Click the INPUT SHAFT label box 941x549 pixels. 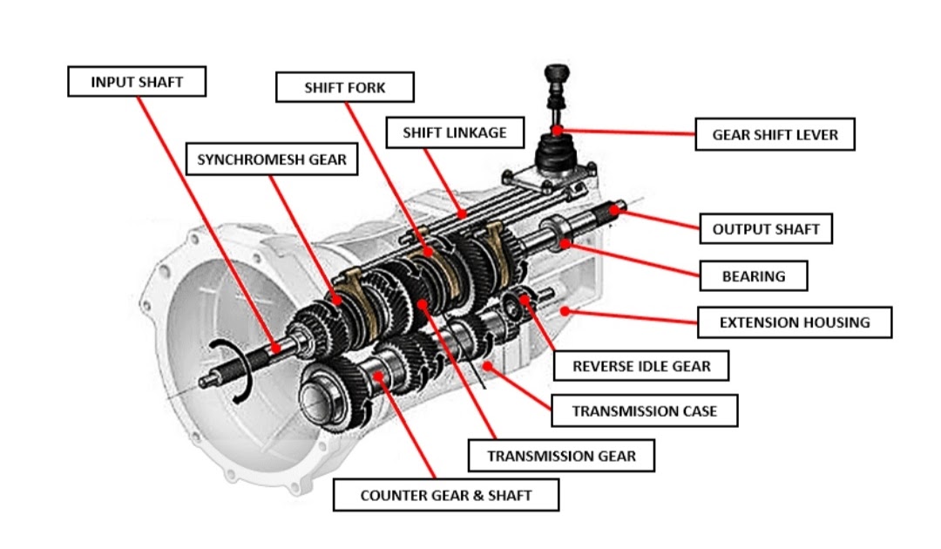click(x=137, y=83)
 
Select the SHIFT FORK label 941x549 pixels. click(x=344, y=88)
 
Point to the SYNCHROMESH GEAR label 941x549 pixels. click(x=272, y=159)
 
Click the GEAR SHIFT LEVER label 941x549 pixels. click(x=775, y=135)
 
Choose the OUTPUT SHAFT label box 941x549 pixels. click(x=766, y=229)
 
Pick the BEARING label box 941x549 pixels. click(x=753, y=276)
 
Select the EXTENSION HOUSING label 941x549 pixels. click(x=794, y=322)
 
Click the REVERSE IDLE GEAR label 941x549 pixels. click(x=641, y=366)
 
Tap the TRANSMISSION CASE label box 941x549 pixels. click(x=645, y=410)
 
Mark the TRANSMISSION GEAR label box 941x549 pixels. click(x=561, y=455)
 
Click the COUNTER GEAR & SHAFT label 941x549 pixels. click(x=446, y=496)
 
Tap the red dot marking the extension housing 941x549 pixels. click(x=564, y=309)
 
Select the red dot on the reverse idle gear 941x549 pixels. click(x=525, y=302)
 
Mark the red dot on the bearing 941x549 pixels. click(x=565, y=244)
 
